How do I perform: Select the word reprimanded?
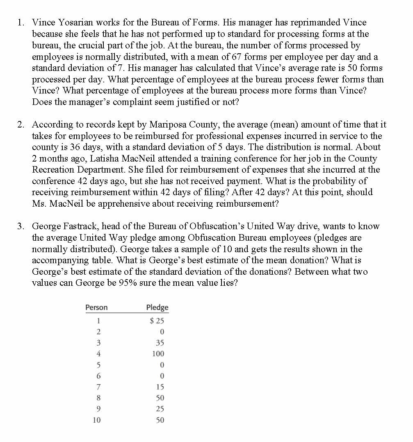tap(317, 23)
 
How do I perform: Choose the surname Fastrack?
tap(80, 226)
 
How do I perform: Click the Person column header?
tap(96, 308)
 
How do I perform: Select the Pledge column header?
tap(157, 308)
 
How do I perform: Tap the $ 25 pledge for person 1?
tap(157, 321)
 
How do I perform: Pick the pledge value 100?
tap(158, 354)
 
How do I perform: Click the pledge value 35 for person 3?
tap(160, 343)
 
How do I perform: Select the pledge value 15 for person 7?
tap(160, 387)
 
